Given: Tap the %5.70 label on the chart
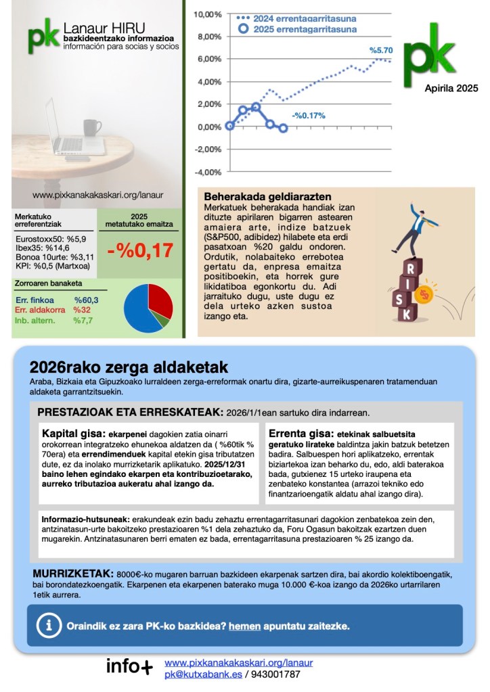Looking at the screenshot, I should [381, 50].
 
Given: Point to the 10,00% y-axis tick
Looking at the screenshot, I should [208, 14].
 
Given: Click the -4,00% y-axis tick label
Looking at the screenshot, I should [208, 172].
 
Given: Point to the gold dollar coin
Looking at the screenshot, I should [424, 294].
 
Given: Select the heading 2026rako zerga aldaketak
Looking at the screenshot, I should [129, 367].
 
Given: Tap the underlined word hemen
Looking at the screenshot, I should [244, 626].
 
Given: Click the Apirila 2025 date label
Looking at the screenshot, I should [451, 88].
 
